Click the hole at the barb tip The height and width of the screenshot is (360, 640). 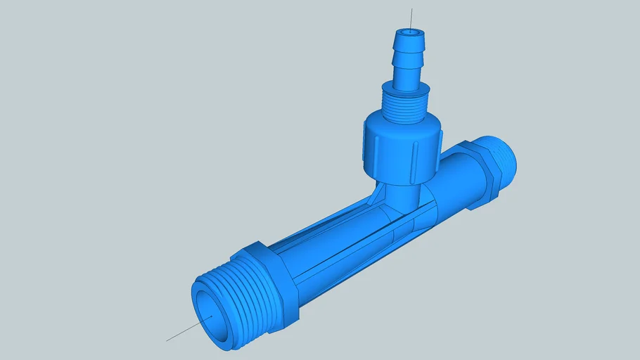(x=409, y=32)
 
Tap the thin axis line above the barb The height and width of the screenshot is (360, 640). (x=411, y=18)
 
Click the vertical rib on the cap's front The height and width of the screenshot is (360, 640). (x=414, y=155)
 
